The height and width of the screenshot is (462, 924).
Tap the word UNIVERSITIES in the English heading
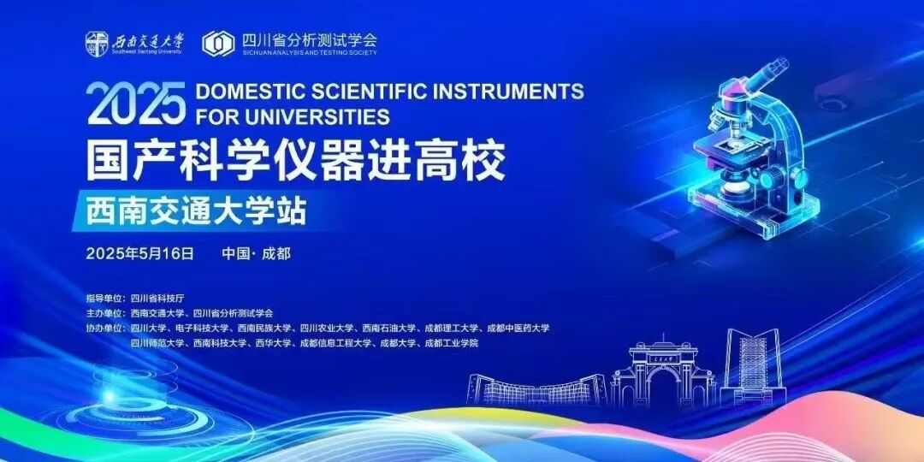pos(317,115)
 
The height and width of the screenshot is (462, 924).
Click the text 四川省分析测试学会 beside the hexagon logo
pos(309,39)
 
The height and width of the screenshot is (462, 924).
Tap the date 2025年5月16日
pos(140,253)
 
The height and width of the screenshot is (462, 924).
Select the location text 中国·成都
pos(256,253)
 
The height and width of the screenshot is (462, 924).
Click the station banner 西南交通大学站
pos(196,210)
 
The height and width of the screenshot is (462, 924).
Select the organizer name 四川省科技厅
pos(157,299)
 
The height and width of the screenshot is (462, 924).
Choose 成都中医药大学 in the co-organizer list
pos(518,328)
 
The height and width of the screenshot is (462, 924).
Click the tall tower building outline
pos(753,368)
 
